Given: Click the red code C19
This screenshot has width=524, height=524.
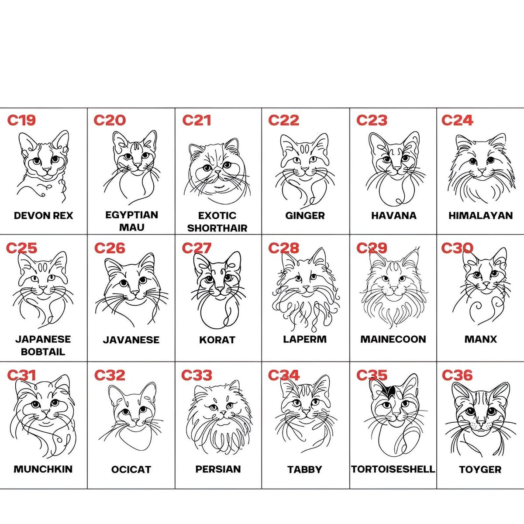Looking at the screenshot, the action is pos(21,120).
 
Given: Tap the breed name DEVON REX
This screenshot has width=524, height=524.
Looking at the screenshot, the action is pos(44,216).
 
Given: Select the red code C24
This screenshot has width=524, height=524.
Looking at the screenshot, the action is pos(457,120).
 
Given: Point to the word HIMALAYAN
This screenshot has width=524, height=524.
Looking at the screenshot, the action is pos(480,216).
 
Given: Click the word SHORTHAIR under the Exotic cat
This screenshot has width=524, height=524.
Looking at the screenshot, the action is pos(217,228).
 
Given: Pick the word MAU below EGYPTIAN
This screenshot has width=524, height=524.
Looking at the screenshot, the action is pos(131,228).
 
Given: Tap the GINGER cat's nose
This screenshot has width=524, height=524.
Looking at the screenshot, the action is pos(305,169).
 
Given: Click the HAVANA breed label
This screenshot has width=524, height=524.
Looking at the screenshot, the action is pos(394,216).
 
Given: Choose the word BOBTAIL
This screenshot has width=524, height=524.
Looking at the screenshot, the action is pos(43,352).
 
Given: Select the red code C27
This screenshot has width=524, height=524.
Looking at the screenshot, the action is pos(196,248).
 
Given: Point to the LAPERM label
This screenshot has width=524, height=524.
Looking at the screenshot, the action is pos(305,339).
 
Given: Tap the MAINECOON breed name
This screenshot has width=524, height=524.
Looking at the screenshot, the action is pos(393,339).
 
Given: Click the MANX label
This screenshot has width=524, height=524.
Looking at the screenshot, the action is pos(480,339).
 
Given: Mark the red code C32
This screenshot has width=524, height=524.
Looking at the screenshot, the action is pos(110,375).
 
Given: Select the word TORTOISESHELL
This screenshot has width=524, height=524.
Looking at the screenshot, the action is pos(393,469).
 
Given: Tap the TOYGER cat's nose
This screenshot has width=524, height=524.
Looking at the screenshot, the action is pos(481,423).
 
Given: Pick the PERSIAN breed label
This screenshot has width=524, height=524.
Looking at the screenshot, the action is pos(218,469).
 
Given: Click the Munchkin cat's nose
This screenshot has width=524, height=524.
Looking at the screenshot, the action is pos(46,411).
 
